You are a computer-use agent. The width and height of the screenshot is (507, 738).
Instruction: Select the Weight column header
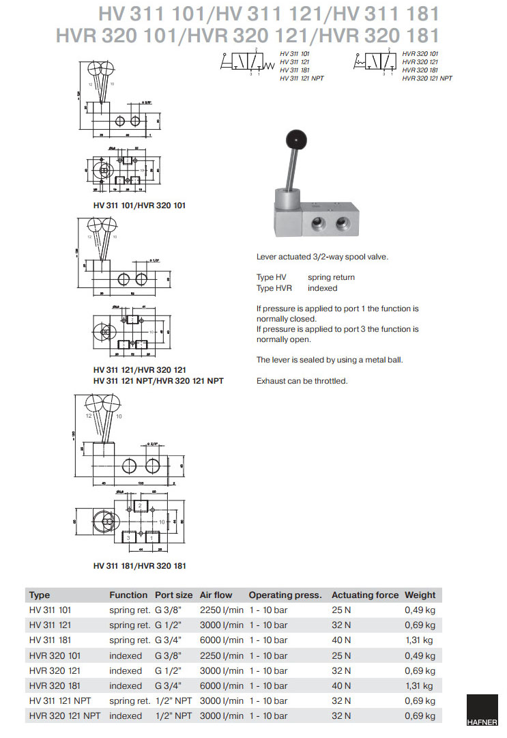tap(420, 595)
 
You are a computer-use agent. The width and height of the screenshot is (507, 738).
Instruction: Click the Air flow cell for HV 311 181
tap(221, 640)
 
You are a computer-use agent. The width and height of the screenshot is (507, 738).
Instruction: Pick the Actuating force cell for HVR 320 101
tap(341, 655)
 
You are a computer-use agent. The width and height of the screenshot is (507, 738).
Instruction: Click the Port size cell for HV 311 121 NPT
tap(173, 701)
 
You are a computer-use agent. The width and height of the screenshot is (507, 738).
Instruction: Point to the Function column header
tap(128, 595)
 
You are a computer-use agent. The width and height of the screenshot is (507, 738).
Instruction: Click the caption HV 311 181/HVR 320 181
tap(140, 565)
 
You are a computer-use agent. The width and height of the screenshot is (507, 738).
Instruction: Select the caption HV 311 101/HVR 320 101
tap(140, 205)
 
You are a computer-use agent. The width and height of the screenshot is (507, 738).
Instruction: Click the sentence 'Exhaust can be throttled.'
tap(302, 381)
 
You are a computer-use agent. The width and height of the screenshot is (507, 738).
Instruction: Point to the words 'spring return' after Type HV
tap(331, 277)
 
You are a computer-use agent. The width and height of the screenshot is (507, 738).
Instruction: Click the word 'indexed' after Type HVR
tap(322, 288)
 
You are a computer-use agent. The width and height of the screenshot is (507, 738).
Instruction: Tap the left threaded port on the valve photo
tap(319, 224)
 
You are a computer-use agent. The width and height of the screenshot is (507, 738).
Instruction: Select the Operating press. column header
tap(285, 595)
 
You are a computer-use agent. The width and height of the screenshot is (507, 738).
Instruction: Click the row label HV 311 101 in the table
tap(50, 610)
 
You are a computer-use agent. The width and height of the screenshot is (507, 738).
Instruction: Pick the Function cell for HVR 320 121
tap(126, 671)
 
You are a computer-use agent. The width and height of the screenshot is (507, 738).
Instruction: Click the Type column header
tap(40, 595)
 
